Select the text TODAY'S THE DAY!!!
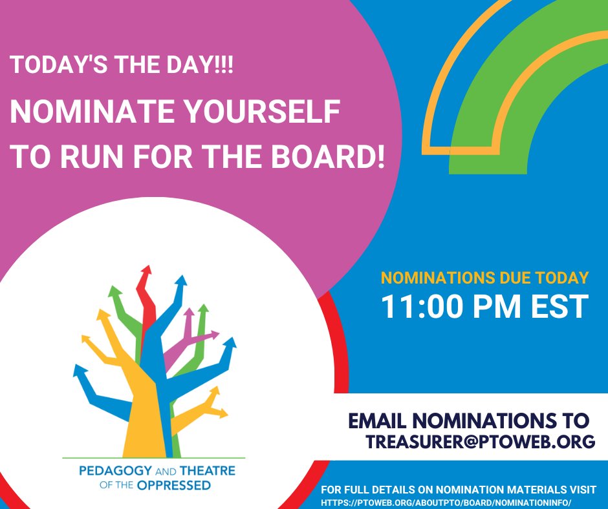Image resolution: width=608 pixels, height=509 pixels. pos(122,65)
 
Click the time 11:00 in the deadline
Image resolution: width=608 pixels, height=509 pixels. pos(430,306)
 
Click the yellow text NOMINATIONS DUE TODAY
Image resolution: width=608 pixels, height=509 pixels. pos(484,278)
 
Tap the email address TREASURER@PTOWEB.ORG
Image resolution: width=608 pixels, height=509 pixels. pos(481,442)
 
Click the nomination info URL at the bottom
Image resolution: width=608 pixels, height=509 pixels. pos(447,502)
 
